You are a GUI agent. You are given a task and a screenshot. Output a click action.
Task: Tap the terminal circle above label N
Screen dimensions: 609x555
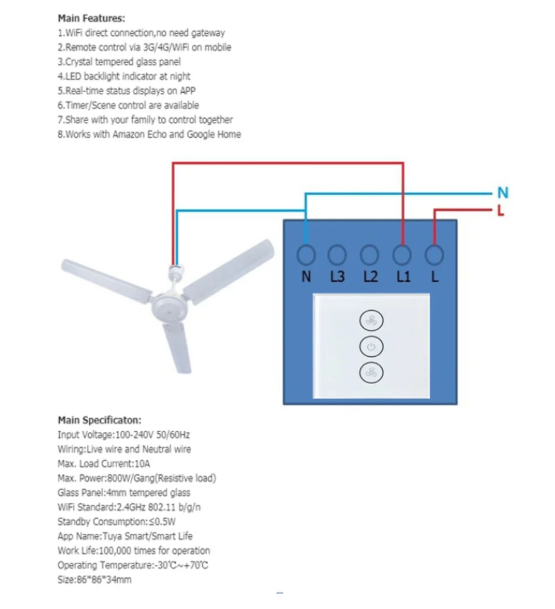click(x=306, y=254)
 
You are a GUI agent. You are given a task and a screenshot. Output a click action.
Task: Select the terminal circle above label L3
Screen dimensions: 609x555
click(x=338, y=254)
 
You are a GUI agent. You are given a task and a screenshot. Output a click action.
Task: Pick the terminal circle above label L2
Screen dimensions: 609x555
click(x=370, y=254)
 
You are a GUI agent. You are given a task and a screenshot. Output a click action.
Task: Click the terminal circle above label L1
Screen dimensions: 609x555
click(x=403, y=254)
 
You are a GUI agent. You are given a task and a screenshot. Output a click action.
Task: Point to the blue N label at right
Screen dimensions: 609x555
click(x=502, y=193)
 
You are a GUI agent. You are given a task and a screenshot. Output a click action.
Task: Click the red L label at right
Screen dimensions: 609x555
click(x=500, y=211)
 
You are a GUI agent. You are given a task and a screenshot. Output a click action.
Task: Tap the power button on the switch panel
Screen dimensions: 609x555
click(x=371, y=347)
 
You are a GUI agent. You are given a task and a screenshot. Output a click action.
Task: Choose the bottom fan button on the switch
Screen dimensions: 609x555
click(x=371, y=372)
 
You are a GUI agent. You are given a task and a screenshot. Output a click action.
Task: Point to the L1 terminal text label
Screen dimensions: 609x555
click(x=403, y=277)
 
